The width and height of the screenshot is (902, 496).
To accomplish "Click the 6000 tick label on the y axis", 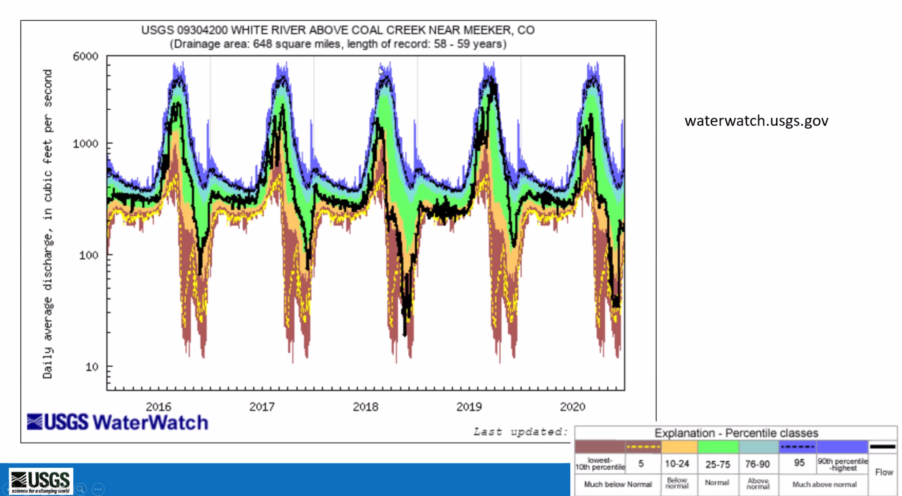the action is coord(85,56).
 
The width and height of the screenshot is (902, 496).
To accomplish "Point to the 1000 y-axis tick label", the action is coord(85,144).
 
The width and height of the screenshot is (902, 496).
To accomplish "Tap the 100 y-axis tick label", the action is coord(89,255).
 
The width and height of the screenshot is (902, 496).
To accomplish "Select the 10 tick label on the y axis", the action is coord(92,366).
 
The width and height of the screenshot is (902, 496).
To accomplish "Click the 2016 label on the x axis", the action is coord(159,406).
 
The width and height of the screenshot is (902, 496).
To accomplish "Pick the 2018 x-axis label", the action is coord(366,406).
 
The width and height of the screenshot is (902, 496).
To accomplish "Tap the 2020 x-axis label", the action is coord(573,406).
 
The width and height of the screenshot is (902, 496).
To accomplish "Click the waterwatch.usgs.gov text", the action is coord(756,121).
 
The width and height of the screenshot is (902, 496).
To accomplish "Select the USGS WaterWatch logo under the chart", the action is coord(118,422).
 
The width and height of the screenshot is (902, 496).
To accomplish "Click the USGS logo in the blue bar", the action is coord(41,481).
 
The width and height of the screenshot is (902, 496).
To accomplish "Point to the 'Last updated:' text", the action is coord(520,432).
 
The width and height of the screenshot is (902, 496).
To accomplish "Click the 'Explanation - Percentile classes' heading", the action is coord(736,433).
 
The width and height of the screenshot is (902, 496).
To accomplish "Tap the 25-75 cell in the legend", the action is coord(717,464).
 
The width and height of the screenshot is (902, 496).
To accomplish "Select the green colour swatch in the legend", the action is coord(718,447).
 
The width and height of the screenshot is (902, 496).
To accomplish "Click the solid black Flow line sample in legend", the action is coord(883,447).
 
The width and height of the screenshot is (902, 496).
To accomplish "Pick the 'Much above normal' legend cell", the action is coord(824,485).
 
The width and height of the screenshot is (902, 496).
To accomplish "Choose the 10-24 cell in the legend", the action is coord(677,464).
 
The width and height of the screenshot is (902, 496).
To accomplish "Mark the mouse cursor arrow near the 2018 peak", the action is coord(381,71).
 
